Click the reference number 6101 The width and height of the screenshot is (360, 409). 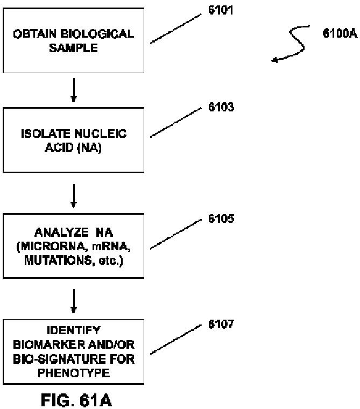[221, 11]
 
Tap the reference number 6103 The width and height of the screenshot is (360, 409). [221, 108]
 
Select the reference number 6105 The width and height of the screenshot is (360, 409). [221, 220]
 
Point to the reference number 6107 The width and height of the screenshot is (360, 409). [221, 325]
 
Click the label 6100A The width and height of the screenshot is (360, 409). [340, 34]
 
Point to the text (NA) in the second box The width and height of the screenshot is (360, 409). [89, 147]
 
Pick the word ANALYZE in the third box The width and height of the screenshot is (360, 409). [58, 233]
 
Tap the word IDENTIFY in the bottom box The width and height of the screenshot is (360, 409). [74, 329]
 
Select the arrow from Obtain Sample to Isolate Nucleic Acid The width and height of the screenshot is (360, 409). [74, 90]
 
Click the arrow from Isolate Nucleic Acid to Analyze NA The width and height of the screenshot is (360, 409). [74, 196]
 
